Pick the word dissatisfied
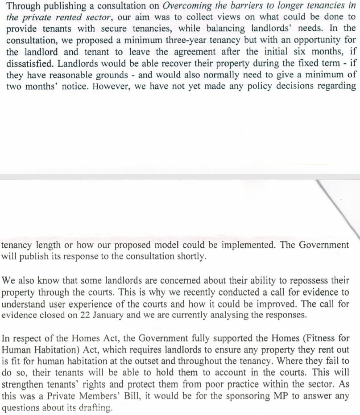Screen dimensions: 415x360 tap(30, 63)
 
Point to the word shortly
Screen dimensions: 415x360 tap(191, 257)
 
